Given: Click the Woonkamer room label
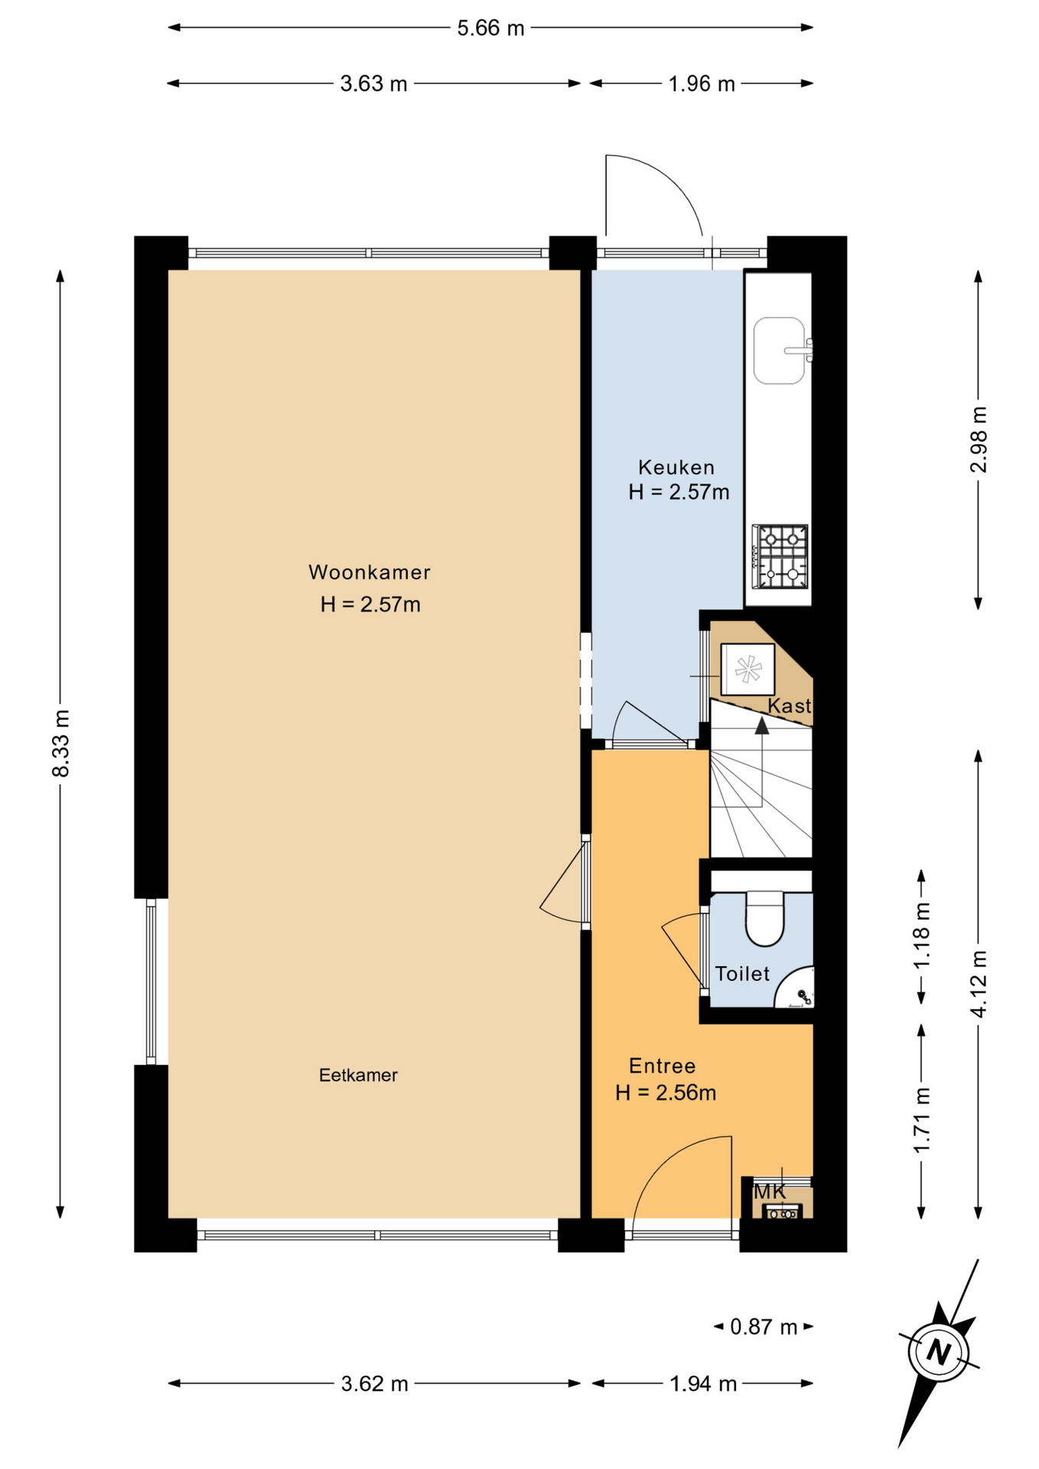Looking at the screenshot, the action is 370,572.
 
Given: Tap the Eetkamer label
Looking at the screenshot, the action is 358,1075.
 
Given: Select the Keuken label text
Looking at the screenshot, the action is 676,467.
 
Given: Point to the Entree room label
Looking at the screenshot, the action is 663,1066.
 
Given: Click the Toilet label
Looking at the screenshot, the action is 742,973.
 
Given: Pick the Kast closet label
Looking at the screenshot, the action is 790,705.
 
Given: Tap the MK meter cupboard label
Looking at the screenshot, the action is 770,1191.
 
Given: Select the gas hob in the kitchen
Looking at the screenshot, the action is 780,556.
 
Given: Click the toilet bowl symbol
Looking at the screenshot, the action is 765,918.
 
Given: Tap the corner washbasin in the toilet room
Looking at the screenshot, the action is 796,989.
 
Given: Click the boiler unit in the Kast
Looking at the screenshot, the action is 747,669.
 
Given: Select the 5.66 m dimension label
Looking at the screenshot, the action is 490,28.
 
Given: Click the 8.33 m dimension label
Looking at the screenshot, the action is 61,743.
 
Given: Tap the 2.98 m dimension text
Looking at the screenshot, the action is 979,439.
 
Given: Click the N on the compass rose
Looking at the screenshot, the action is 938,1352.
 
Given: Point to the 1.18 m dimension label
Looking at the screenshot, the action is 922,935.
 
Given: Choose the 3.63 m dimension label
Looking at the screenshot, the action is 373,83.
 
